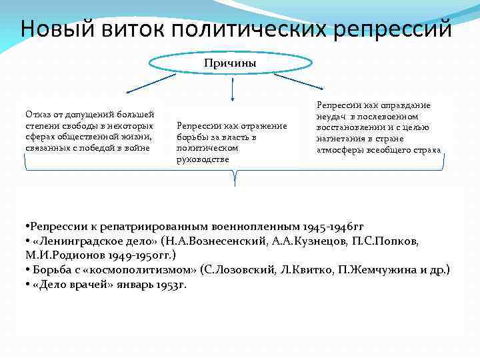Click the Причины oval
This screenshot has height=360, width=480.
(x=230, y=63)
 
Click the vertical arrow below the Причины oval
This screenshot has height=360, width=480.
(x=231, y=88)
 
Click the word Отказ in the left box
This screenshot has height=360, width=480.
(x=37, y=115)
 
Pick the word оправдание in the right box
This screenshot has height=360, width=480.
(x=407, y=105)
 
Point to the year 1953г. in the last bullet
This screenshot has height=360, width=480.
(x=170, y=284)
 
